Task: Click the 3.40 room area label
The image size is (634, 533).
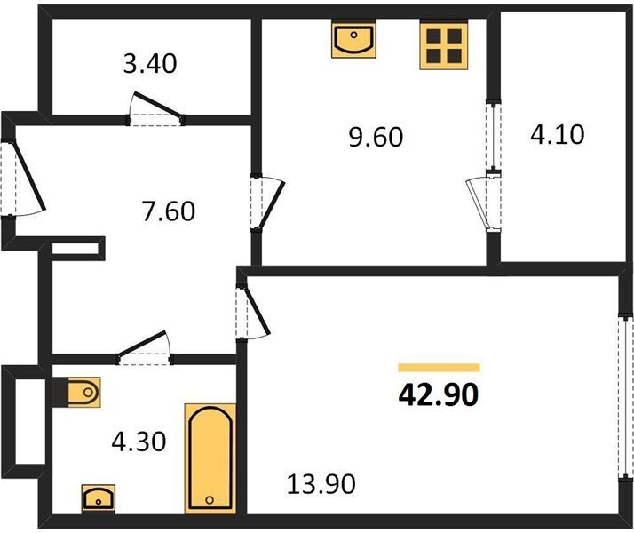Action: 150,64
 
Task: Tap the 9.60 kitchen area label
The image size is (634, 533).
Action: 376,137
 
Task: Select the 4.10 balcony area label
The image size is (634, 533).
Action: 557,134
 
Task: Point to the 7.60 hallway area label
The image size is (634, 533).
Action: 169,211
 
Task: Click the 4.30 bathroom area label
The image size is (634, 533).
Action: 139,442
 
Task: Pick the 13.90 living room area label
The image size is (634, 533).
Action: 321,484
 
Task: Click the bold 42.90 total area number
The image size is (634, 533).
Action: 439,394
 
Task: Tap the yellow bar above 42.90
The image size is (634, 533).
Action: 439,367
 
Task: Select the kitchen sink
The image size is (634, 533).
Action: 353,40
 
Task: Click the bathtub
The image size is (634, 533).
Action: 210,458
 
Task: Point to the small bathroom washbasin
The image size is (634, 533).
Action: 99,498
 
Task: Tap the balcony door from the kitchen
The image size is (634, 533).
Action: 483,204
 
